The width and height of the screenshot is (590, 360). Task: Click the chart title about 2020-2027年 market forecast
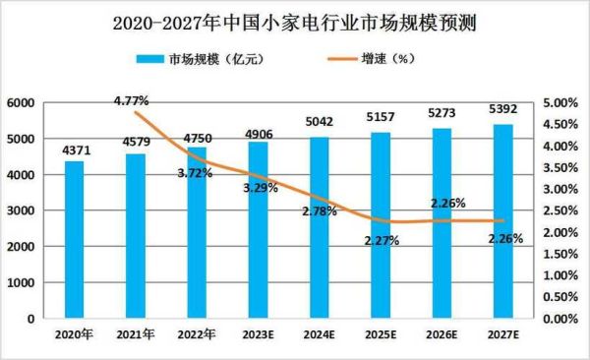tap(294, 22)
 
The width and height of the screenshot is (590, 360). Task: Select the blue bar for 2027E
tap(501, 221)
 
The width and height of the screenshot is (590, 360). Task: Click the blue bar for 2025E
tap(378, 225)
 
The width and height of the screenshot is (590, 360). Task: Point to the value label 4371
tap(74, 150)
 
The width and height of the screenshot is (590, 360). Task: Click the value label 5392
tap(501, 113)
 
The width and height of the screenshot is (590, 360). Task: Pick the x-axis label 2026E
tap(440, 334)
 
